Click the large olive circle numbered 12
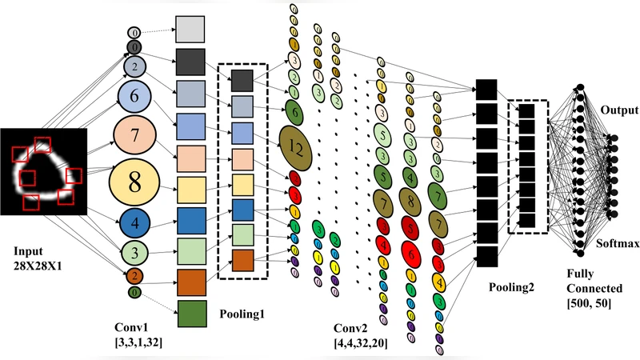point(294,147)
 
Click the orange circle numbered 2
point(135,277)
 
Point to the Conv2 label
point(352,328)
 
